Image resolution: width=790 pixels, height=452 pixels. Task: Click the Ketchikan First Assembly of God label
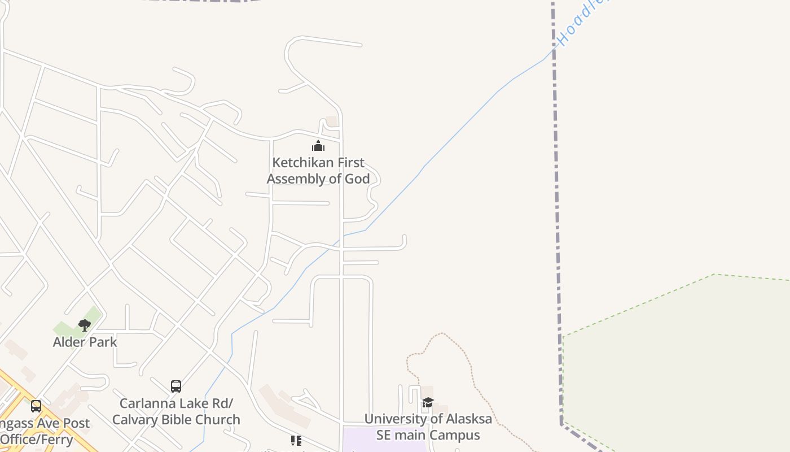point(318,171)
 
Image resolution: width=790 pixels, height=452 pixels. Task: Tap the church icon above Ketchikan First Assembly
point(318,146)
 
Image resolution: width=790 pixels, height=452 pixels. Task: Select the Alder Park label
point(85,342)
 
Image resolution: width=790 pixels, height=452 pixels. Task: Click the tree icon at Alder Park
point(85,325)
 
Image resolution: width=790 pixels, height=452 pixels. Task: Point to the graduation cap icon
point(428,402)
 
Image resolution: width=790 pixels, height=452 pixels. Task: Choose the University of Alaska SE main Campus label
point(428,427)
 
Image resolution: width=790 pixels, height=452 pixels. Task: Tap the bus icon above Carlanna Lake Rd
point(176,386)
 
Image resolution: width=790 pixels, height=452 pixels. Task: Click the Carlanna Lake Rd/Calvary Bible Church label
point(176,412)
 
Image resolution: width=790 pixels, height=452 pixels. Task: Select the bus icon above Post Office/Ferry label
point(36,406)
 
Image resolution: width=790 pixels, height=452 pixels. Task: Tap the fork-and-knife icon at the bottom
point(296,441)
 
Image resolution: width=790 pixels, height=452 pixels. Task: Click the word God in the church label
point(357,179)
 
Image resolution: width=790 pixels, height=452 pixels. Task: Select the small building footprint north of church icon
point(332,121)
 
